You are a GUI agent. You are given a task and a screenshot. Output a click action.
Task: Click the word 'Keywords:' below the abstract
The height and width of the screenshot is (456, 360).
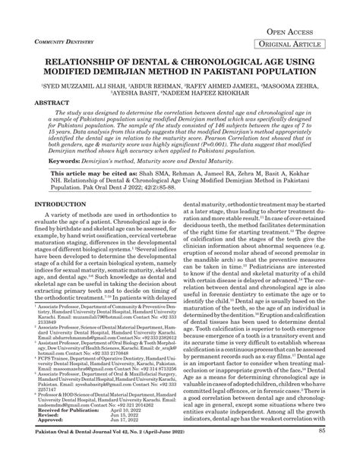69,183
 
